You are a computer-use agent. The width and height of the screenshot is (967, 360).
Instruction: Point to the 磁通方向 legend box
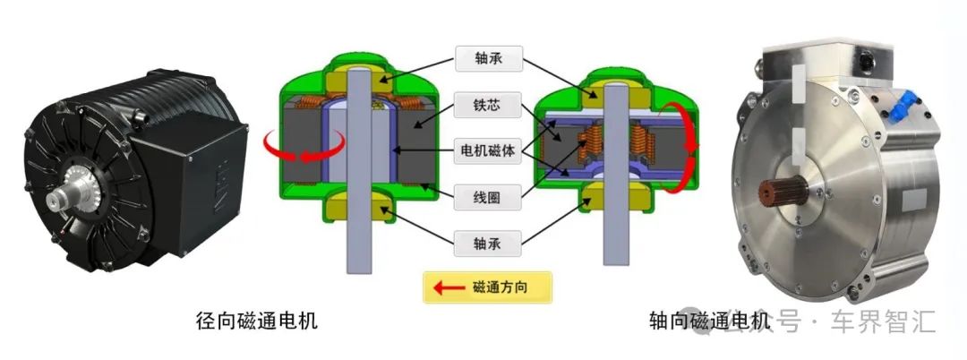[488, 288]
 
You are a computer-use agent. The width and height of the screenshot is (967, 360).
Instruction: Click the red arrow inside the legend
[448, 288]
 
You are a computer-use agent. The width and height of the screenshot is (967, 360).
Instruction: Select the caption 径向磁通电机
[256, 321]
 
